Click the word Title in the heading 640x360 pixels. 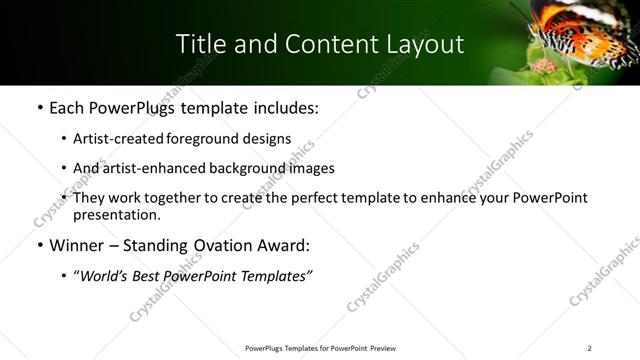(x=199, y=44)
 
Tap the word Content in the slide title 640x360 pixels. (x=320, y=44)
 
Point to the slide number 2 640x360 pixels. (x=590, y=348)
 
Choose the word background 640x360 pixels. (x=239, y=168)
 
